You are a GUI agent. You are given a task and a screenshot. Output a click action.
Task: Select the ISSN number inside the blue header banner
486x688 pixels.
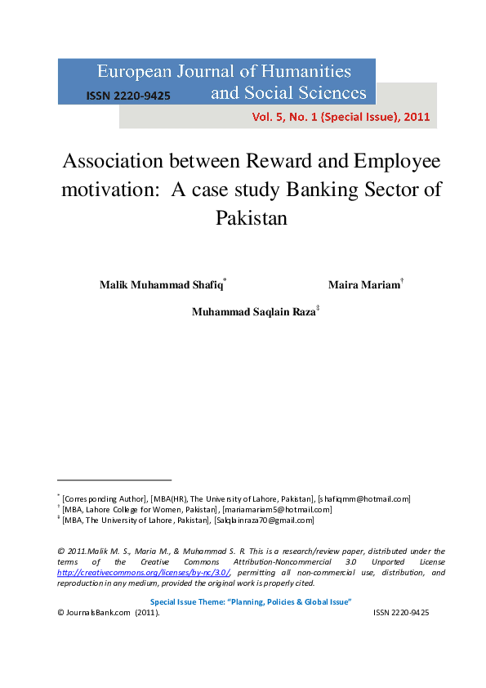click(x=128, y=96)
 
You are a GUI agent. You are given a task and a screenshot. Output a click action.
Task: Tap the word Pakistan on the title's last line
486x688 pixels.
click(x=252, y=218)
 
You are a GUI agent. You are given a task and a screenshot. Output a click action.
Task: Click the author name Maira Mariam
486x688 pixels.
click(x=363, y=285)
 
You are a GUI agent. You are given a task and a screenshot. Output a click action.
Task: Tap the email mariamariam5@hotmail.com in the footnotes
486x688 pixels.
click(x=277, y=509)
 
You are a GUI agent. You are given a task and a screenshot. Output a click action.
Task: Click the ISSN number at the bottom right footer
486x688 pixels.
click(x=401, y=612)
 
